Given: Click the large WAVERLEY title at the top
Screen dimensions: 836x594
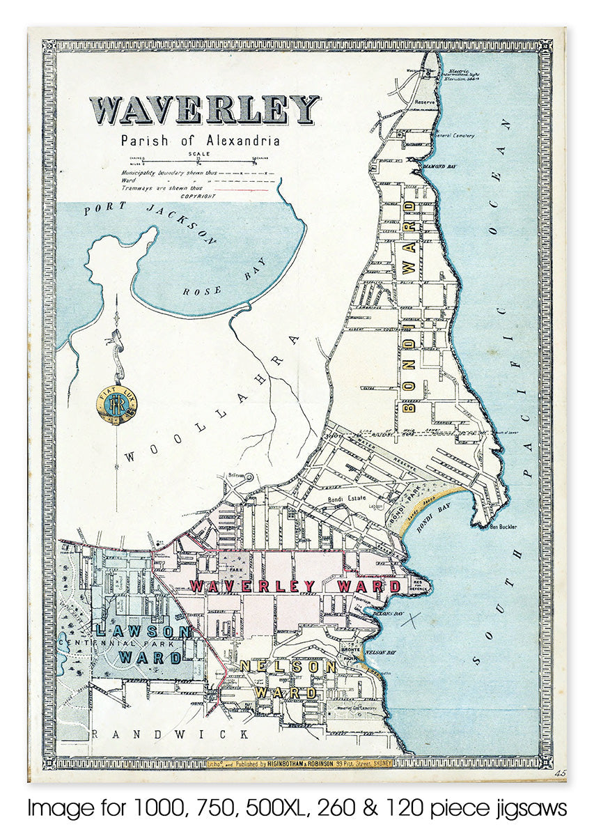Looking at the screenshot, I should coord(204,110).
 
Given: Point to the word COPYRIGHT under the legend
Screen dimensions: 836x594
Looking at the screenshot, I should coord(198,196).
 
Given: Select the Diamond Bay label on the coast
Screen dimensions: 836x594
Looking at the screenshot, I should coord(439,167).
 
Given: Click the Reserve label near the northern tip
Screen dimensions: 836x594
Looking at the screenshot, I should coord(425,102).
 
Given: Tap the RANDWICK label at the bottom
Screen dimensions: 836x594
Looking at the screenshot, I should coord(171,734).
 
